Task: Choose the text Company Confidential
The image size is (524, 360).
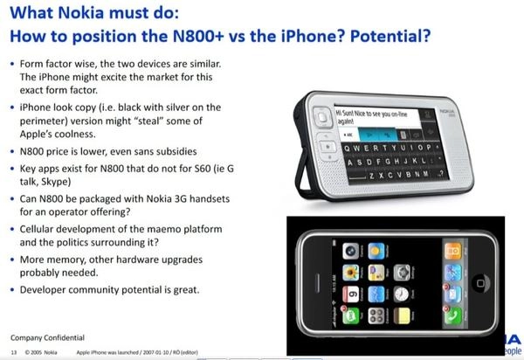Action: click(x=48, y=336)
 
